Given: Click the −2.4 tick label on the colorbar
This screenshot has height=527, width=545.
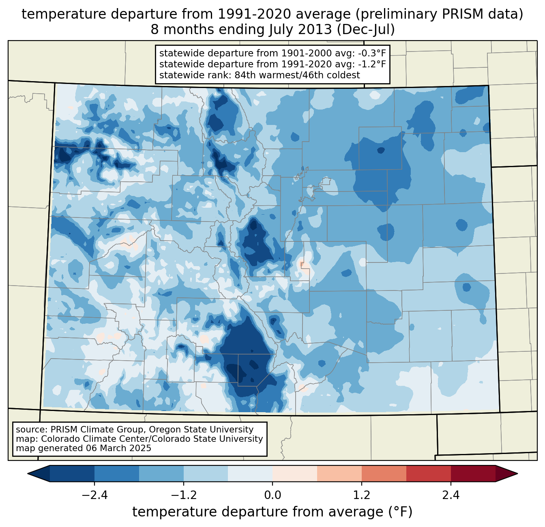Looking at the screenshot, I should tap(94, 495).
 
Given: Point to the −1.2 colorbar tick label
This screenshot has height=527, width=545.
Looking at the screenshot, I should tap(183, 495).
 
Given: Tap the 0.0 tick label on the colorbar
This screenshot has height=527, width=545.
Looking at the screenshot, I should tap(272, 495).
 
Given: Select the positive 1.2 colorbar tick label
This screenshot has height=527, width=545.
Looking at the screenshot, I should tap(362, 495).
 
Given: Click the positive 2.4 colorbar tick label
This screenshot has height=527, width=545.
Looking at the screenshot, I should tap(451, 495).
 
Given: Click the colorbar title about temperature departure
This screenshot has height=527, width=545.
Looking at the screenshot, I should tap(272, 512).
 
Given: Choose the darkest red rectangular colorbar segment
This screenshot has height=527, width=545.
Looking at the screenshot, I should tap(473, 473).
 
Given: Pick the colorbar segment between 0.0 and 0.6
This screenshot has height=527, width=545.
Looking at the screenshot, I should tap(295, 473).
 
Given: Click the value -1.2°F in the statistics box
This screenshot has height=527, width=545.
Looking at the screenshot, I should tap(371, 64).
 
